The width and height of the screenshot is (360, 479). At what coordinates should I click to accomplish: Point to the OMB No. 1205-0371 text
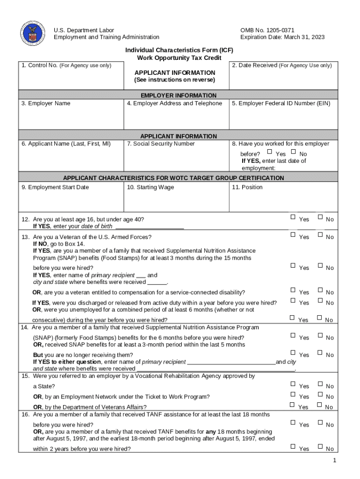click(267, 30)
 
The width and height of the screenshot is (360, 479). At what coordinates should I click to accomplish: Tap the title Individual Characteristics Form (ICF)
click(179, 50)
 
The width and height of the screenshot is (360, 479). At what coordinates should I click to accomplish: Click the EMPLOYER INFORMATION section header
click(179, 95)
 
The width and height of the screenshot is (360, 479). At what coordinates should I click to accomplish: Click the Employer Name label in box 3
click(46, 103)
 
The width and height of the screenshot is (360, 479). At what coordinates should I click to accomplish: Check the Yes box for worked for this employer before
click(269, 152)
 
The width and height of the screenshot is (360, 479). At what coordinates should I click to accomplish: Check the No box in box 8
click(293, 152)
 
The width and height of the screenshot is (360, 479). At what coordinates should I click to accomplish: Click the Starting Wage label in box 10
click(150, 187)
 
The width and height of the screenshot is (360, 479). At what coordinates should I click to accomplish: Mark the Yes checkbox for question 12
click(293, 217)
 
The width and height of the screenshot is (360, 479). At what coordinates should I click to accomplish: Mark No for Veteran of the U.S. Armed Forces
click(320, 235)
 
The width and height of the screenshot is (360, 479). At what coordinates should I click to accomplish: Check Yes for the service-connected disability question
click(293, 290)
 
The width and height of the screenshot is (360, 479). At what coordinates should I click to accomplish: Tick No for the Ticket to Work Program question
click(320, 394)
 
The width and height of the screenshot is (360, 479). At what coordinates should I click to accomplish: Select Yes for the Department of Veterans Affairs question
click(293, 405)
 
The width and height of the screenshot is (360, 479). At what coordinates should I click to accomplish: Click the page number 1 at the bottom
click(335, 461)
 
